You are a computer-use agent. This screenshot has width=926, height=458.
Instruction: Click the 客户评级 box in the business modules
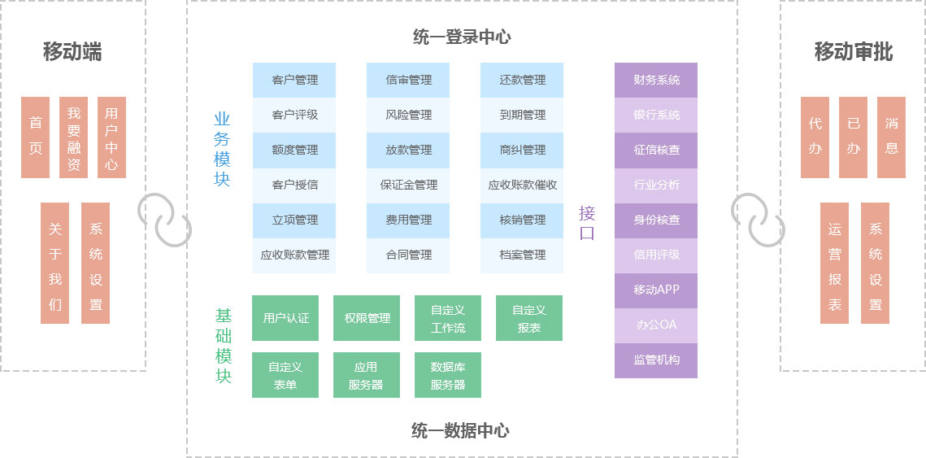tap(294, 115)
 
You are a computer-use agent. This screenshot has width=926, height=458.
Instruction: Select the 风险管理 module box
tap(408, 115)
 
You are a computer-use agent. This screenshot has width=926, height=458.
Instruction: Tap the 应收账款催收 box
tap(522, 185)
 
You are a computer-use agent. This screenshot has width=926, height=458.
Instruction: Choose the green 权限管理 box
tap(367, 318)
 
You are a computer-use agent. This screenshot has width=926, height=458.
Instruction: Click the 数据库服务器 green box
tap(447, 376)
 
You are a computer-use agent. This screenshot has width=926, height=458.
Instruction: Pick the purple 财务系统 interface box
tap(656, 80)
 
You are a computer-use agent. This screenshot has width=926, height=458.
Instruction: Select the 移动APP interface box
tap(656, 290)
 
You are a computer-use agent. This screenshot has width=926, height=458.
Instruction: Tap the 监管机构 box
tap(656, 360)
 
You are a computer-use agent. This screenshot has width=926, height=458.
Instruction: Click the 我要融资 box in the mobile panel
tap(73, 137)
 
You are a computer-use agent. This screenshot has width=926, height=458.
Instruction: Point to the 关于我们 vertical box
tap(54, 263)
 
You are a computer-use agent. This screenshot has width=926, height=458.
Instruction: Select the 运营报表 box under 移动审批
tap(834, 263)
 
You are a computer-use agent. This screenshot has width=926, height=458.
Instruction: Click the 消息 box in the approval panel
tap(891, 137)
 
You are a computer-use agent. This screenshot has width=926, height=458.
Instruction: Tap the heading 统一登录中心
tap(462, 37)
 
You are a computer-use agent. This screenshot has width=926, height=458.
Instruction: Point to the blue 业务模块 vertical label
tap(222, 148)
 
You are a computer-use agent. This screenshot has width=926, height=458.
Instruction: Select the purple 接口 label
tap(587, 223)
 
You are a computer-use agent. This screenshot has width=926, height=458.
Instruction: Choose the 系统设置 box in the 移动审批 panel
tap(875, 263)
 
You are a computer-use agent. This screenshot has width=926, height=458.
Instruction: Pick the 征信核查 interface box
tap(656, 150)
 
